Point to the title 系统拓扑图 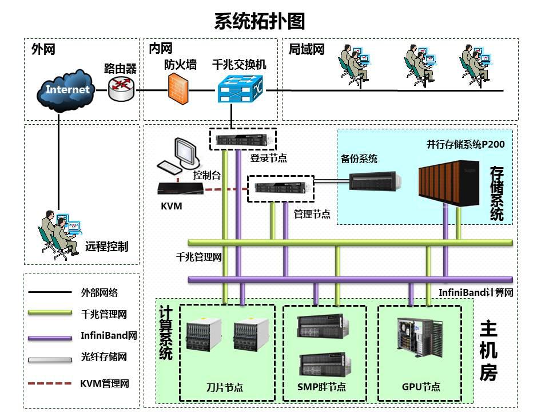point(260,21)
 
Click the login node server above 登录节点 point(242,139)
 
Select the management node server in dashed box point(281,188)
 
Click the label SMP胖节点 point(321,387)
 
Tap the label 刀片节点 point(224,387)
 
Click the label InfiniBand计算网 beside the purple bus point(476,292)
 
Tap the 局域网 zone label point(306,49)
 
